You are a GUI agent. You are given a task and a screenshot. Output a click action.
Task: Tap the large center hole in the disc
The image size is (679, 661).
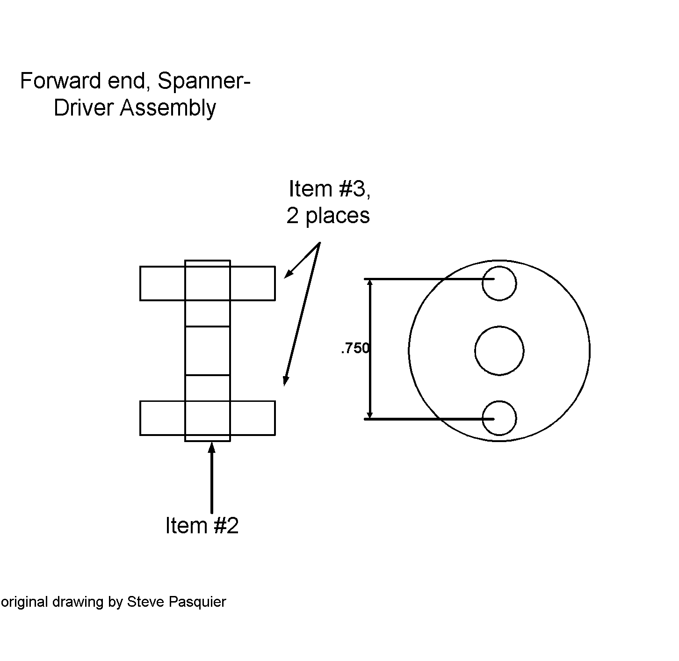click(499, 351)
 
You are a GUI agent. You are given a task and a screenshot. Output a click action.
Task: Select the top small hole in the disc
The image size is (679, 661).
click(499, 283)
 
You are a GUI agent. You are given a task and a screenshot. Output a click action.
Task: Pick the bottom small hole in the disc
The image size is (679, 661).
click(499, 418)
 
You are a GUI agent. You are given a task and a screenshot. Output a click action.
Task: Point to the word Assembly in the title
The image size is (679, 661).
click(168, 108)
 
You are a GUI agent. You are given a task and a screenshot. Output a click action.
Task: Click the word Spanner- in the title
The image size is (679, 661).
click(204, 81)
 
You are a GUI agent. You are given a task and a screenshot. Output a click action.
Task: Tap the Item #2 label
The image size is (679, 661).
click(202, 526)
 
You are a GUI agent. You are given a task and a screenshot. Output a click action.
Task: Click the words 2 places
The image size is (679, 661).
click(328, 216)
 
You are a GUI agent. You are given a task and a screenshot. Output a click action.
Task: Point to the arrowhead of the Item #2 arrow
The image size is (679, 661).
click(211, 447)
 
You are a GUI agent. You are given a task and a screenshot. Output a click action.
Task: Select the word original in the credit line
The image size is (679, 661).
click(24, 602)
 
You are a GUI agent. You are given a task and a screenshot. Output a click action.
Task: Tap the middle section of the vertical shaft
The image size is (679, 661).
click(208, 351)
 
